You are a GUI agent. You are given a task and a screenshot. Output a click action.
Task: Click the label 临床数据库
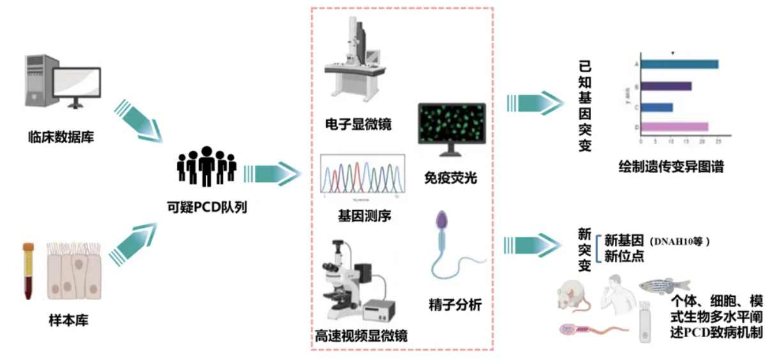(x=61, y=137)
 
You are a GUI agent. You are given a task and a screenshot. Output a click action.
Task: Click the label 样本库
(x=68, y=320)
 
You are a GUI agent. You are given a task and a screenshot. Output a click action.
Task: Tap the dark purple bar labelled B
(x=666, y=86)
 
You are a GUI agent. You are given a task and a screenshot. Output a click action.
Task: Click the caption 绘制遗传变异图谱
(x=671, y=167)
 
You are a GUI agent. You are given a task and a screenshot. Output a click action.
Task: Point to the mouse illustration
(x=573, y=297)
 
